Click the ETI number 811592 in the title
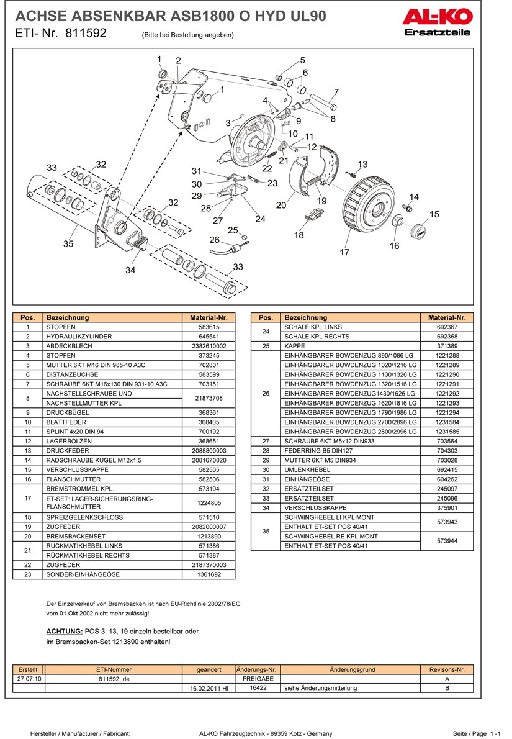[86, 34]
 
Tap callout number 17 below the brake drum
[344, 252]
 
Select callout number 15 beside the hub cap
[434, 214]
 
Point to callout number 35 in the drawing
[68, 244]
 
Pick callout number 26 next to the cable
[214, 240]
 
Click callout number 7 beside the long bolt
[336, 93]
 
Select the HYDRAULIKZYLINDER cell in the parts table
[79, 337]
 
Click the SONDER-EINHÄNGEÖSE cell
[83, 574]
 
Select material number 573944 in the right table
[447, 541]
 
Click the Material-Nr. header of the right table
[447, 317]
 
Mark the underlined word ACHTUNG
[65, 632]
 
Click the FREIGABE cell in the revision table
[258, 679]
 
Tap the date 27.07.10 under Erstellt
[29, 679]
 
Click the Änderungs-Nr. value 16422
[258, 688]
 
